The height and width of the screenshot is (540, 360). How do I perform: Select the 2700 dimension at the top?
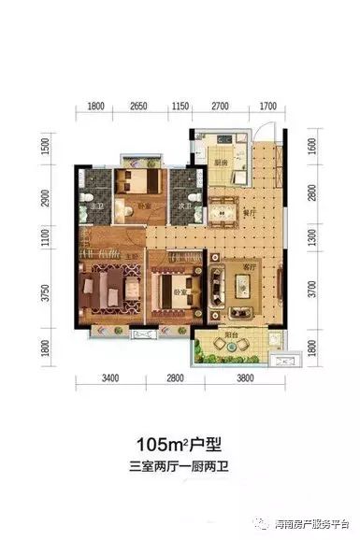coord(221,107)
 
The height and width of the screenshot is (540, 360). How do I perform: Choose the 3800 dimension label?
coord(245,378)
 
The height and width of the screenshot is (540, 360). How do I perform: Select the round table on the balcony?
coord(227,348)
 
